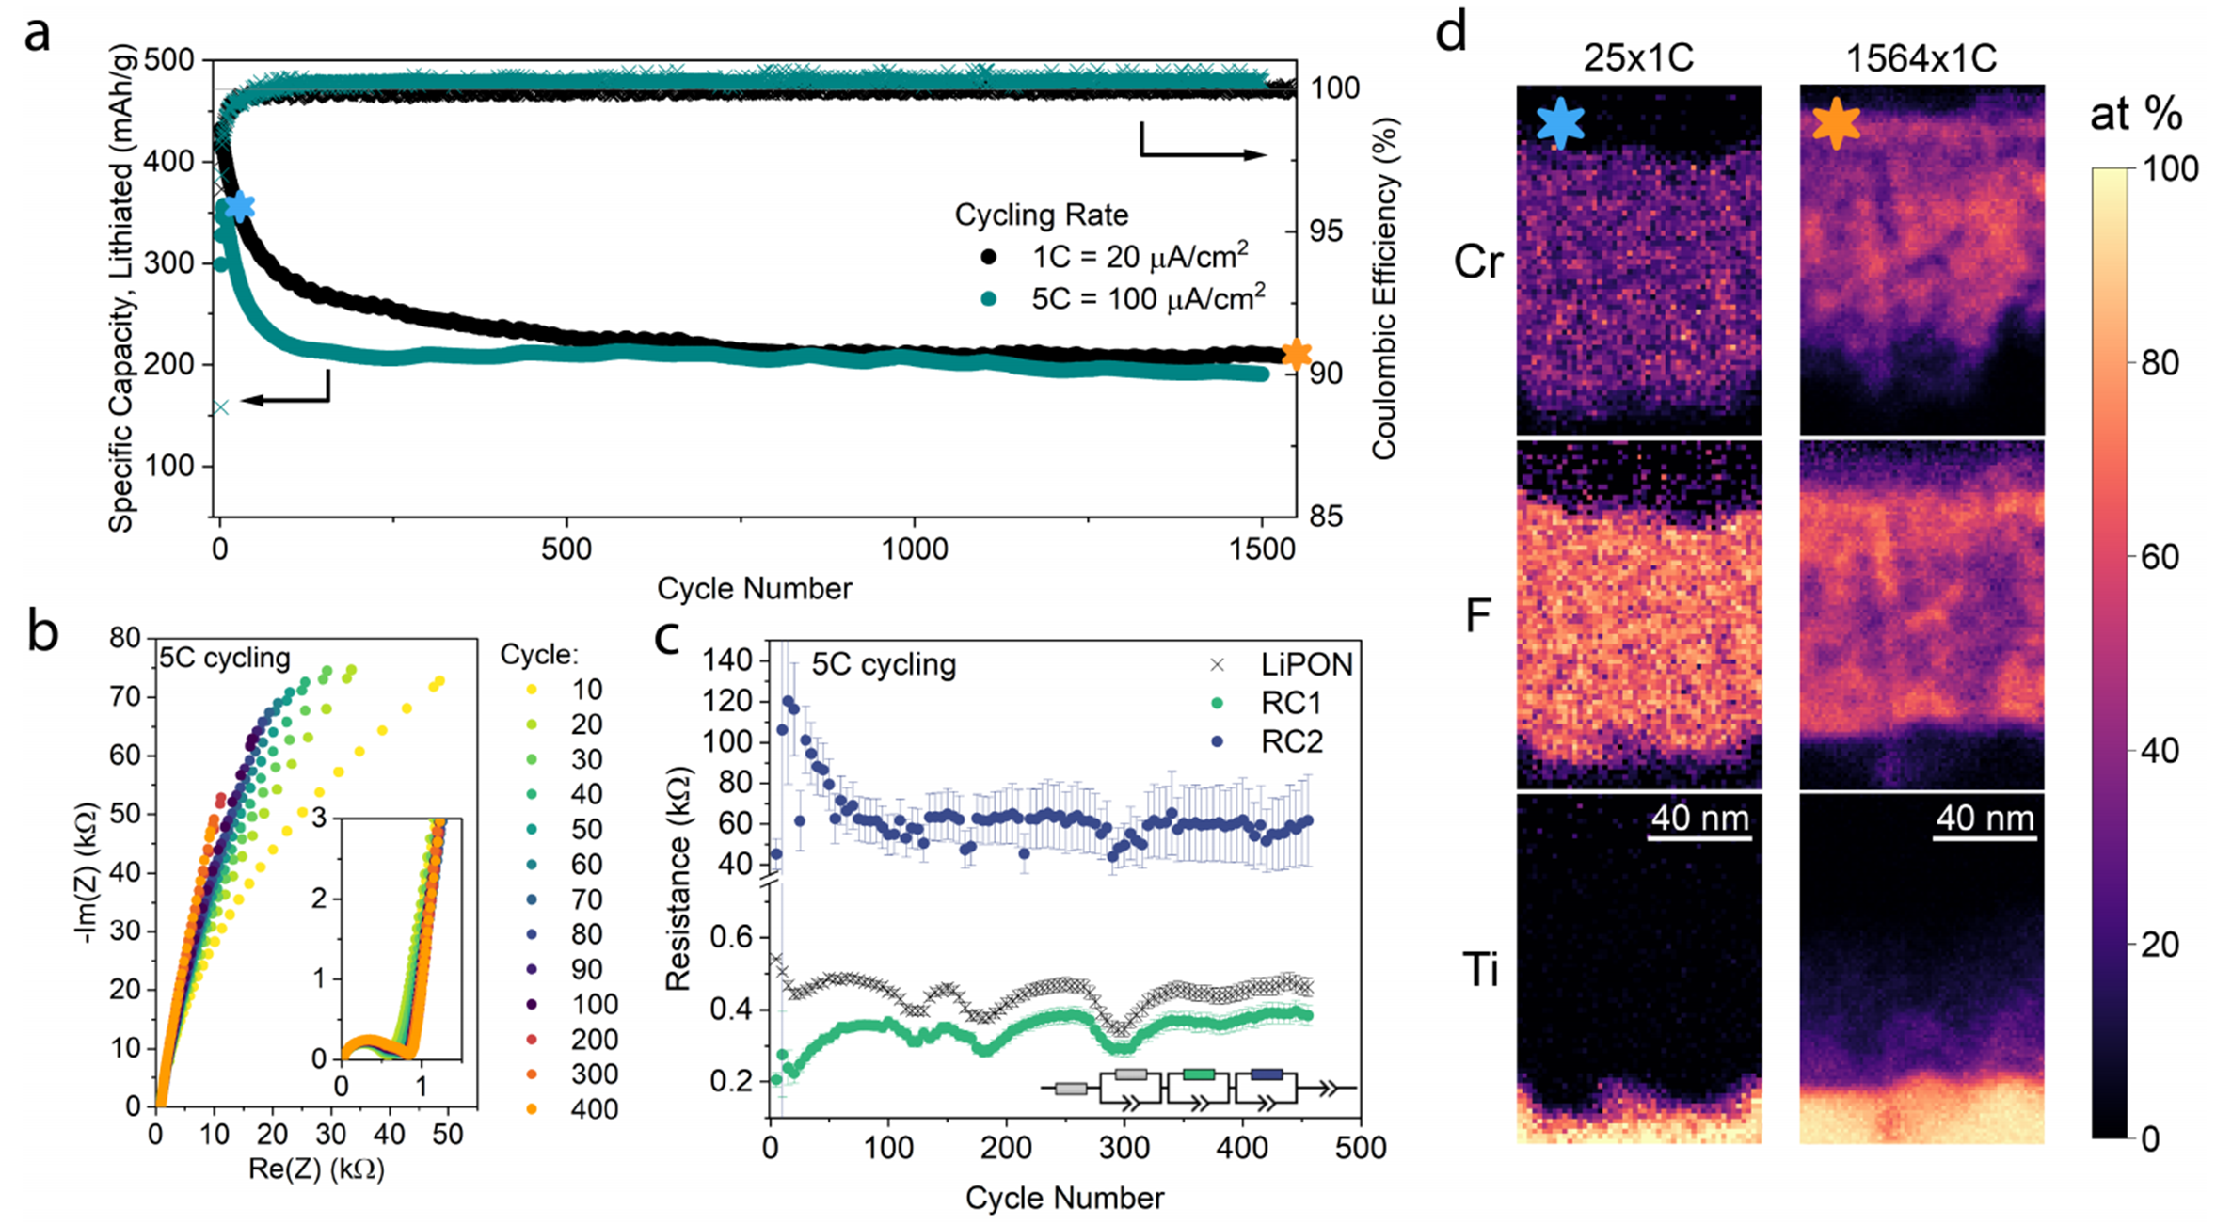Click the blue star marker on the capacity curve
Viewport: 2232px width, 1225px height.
click(240, 206)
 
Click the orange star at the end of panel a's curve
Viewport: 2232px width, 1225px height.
click(1297, 354)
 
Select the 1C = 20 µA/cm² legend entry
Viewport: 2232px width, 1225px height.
click(1139, 256)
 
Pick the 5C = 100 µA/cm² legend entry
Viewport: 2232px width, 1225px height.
click(1146, 298)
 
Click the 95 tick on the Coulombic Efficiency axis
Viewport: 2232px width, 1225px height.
click(1326, 231)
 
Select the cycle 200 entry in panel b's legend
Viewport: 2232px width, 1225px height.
click(594, 1040)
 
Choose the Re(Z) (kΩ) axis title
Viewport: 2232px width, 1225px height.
click(316, 1169)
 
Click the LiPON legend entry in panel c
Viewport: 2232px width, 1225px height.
click(1305, 665)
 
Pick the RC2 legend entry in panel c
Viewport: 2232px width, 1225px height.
click(1291, 742)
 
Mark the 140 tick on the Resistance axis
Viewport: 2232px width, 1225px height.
click(728, 660)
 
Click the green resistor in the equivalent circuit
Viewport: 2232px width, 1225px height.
click(1198, 1074)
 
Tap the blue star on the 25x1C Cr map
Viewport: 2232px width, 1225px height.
click(1559, 123)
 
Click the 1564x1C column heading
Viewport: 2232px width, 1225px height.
click(1921, 58)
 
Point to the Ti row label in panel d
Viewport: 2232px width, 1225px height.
click(1481, 970)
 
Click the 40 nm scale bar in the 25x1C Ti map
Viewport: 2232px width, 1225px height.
click(1699, 837)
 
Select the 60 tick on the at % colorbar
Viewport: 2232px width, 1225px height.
click(2160, 557)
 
